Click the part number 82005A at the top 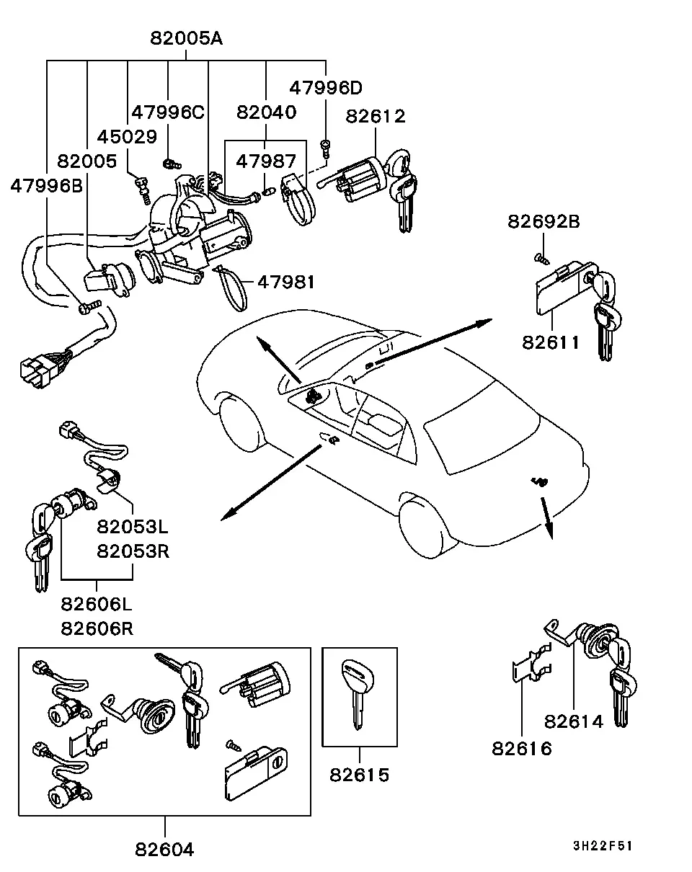pos(186,38)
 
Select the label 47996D pos(326,88)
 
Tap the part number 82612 pos(376,116)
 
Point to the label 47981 pos(286,282)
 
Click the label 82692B pos(544,222)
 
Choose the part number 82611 pos(551,342)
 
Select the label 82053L pos(133,527)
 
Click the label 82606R pos(97,629)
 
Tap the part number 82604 pos(164,850)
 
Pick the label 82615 pos(360,775)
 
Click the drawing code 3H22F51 pos(603,845)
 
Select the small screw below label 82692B pos(541,259)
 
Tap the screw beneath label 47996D pos(326,148)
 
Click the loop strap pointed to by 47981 pos(232,287)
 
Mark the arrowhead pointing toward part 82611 pos(484,321)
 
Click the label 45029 pos(127,137)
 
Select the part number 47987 pos(266,161)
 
